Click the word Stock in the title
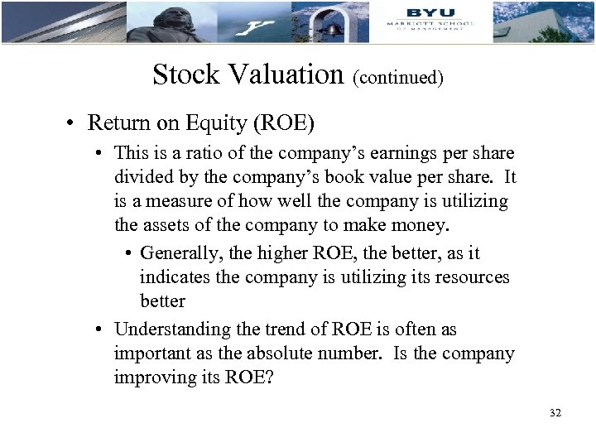(x=185, y=74)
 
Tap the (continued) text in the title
(x=398, y=77)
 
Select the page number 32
(x=555, y=412)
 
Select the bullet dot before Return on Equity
(x=73, y=124)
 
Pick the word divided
(x=142, y=177)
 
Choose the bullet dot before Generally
(x=132, y=253)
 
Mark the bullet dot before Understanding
(x=99, y=329)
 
